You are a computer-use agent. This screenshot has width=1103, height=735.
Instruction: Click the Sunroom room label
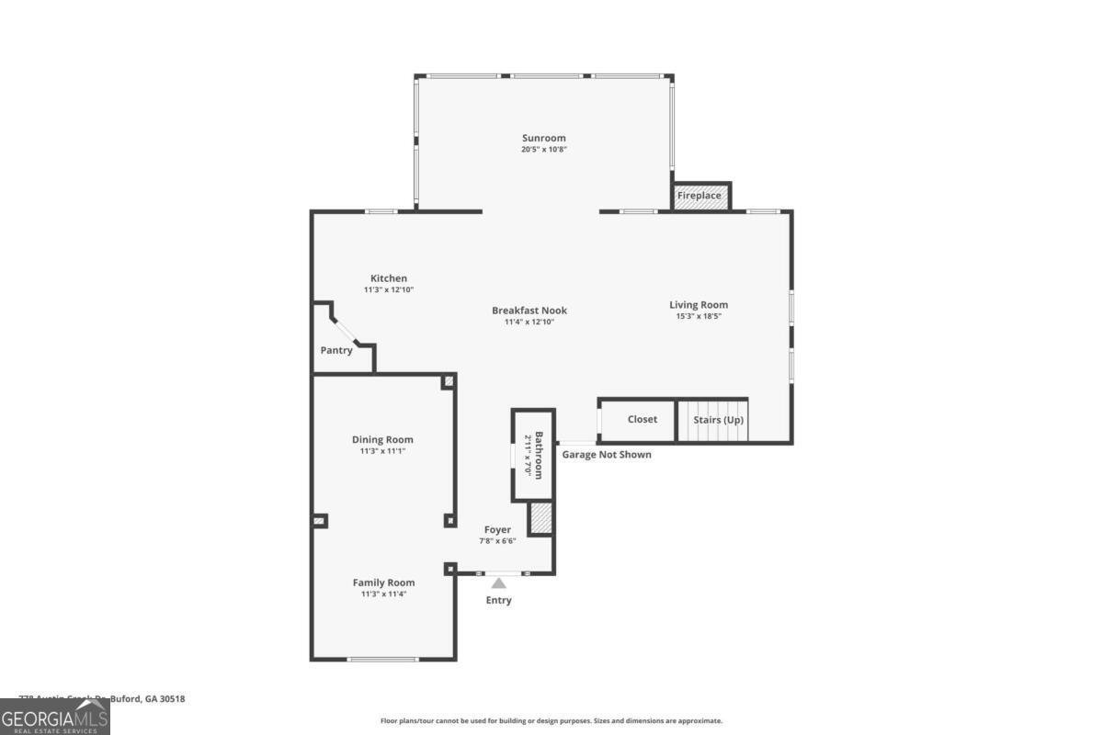tap(544, 138)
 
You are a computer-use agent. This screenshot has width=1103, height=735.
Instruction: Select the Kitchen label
tap(388, 278)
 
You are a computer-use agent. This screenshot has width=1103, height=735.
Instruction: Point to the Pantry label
tap(336, 350)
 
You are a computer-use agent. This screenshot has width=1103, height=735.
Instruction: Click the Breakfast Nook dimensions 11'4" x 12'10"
tap(529, 322)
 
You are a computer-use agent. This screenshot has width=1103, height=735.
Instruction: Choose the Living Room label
tap(699, 305)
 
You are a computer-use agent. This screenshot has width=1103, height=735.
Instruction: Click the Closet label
tap(642, 419)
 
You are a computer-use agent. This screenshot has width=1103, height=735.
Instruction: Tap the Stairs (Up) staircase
tap(713, 421)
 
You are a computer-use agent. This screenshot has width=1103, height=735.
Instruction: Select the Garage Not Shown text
tap(607, 455)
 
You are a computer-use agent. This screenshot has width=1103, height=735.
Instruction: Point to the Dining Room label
tap(382, 439)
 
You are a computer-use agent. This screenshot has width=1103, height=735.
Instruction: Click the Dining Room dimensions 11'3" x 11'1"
tap(382, 451)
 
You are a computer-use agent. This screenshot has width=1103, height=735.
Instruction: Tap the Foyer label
tap(497, 529)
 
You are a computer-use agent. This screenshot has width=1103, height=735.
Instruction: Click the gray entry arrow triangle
tap(498, 582)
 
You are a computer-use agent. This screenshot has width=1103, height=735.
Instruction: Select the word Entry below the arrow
tap(498, 601)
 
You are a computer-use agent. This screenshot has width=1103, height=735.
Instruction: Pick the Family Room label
tap(383, 582)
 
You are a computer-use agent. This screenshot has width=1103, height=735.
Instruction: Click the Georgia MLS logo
tap(55, 716)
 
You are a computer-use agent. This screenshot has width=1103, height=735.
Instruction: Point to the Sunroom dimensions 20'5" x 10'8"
tap(544, 150)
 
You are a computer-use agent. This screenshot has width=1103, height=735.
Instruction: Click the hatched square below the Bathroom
tap(541, 518)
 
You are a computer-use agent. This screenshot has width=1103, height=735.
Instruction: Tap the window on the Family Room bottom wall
tap(382, 659)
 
